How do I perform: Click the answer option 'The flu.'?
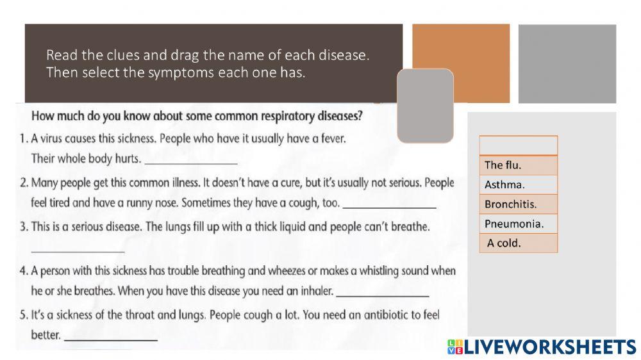pos(518,165)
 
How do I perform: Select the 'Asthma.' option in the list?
pos(518,185)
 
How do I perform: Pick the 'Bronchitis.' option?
pos(518,204)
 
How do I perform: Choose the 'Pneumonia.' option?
pos(518,224)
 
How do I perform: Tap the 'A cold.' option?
pos(518,243)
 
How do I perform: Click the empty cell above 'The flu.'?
pos(518,145)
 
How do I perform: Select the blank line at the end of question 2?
pos(390,204)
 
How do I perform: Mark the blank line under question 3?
pos(78,249)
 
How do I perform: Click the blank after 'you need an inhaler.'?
pos(382,293)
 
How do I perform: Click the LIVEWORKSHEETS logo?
pos(542,347)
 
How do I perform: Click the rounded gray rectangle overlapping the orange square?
pos(425,106)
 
